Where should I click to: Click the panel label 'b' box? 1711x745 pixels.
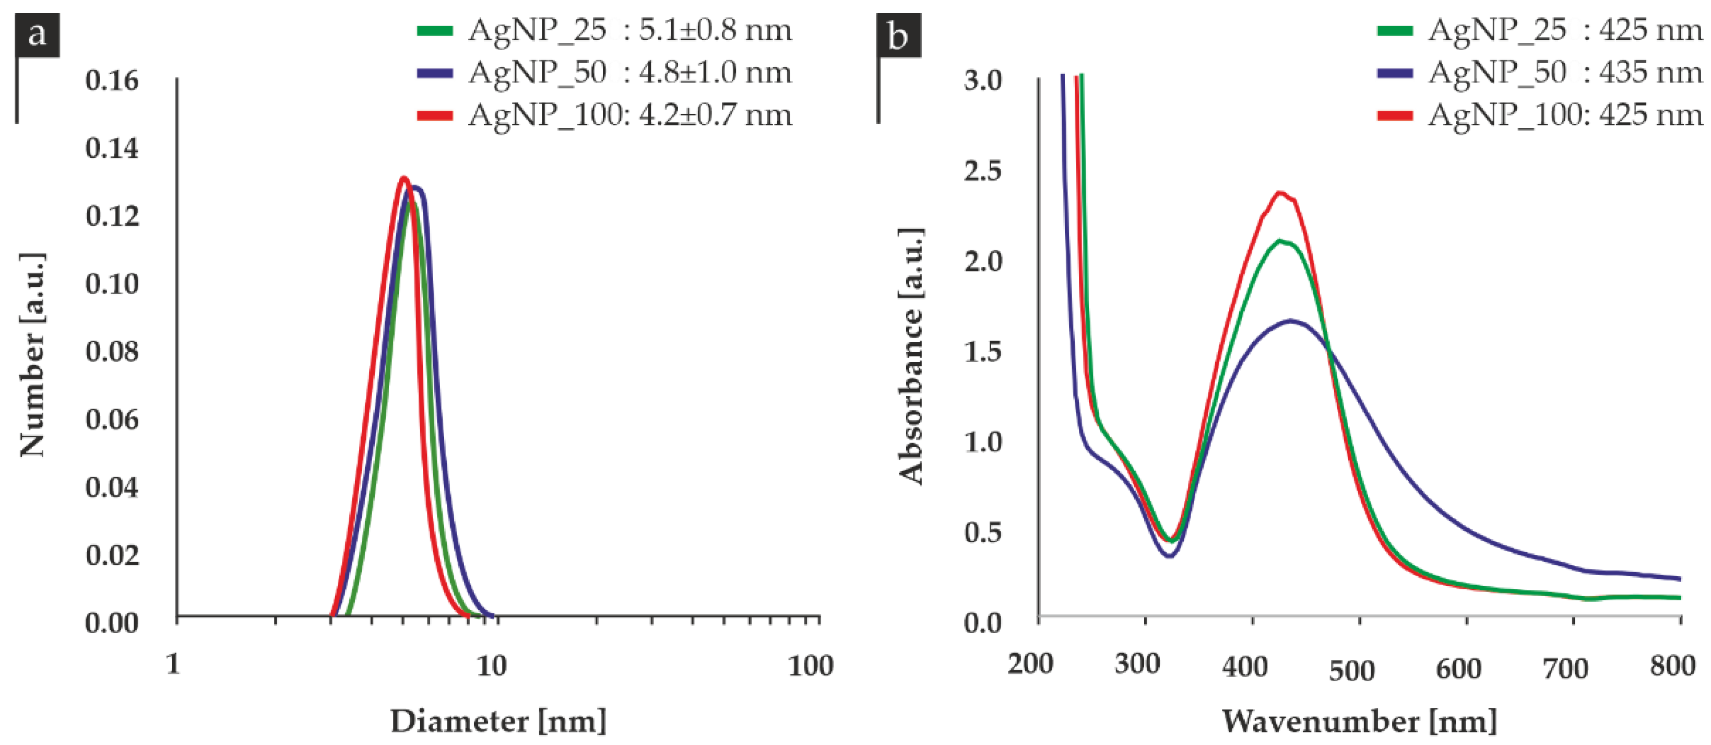tap(899, 35)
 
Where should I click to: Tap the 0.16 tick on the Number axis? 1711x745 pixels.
tap(112, 80)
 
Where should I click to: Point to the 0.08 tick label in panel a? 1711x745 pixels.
tap(112, 351)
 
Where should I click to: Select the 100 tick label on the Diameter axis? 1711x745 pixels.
tap(810, 665)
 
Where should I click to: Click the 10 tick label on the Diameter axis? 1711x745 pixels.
tap(492, 665)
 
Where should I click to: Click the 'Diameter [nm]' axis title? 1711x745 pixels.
tap(498, 721)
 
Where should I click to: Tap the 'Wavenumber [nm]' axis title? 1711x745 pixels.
tap(1359, 721)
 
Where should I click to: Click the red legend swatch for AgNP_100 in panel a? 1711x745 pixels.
tap(435, 115)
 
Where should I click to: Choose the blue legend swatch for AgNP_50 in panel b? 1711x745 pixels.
tap(1395, 73)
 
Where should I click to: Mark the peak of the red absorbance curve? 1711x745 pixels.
tap(1280, 193)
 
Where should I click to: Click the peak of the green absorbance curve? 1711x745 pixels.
tap(1279, 240)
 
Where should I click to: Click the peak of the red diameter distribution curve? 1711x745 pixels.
tap(403, 178)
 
